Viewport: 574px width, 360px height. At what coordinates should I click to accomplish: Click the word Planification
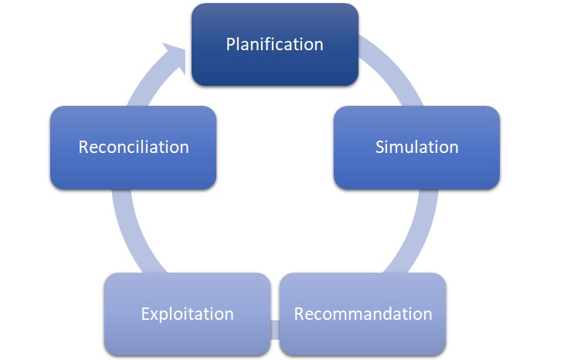pos(275,44)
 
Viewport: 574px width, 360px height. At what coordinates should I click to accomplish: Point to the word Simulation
pos(416,147)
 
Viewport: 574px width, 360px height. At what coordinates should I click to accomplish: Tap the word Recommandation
pos(362,314)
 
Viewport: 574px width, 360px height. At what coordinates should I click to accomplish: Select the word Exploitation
pos(187,314)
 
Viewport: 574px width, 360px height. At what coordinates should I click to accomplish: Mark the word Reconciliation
pos(133,147)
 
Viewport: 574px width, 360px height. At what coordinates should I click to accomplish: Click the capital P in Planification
pos(231,44)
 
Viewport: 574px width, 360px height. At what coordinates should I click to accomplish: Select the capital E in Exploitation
pos(145,314)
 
